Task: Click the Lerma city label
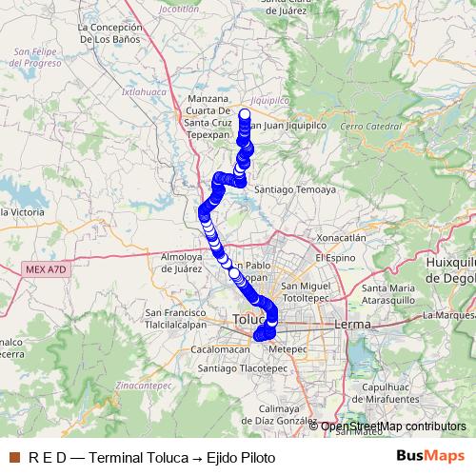352,325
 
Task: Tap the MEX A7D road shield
45,270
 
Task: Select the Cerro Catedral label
370,126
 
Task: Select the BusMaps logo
429,457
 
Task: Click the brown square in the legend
12,458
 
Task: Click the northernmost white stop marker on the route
244,115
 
